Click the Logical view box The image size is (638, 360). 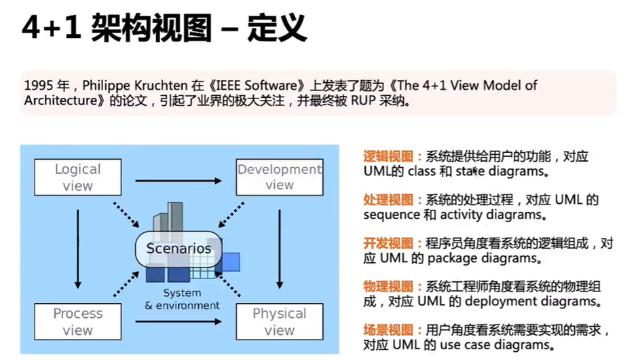[77, 177]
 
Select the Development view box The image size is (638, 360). [279, 177]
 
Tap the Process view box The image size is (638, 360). [77, 321]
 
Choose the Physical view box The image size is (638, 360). [279, 321]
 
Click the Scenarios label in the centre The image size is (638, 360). [179, 248]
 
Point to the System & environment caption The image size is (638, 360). [182, 299]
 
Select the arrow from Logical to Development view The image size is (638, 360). [179, 181]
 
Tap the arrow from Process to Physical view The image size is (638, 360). [179, 321]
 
